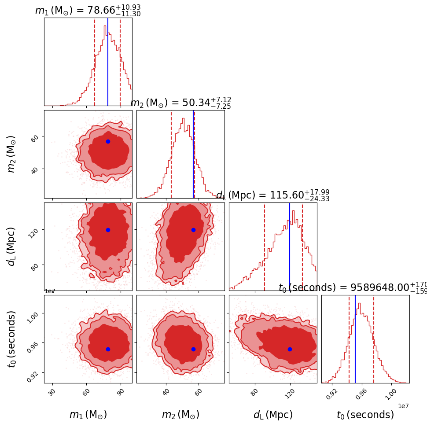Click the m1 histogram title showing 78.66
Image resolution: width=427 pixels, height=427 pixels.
click(88, 11)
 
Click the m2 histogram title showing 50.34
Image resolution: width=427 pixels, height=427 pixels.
click(180, 103)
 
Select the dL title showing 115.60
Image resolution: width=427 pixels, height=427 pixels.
click(272, 195)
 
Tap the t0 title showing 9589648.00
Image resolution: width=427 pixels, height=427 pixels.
click(352, 287)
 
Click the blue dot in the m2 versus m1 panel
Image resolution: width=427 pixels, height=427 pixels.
click(108, 141)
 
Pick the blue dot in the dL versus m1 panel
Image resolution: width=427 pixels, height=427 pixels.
click(108, 230)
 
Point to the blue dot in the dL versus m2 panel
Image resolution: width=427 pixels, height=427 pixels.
click(193, 230)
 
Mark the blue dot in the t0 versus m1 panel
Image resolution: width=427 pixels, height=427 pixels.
click(108, 349)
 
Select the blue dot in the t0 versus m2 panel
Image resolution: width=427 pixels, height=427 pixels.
click(193, 349)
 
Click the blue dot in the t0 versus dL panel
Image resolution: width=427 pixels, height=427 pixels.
click(290, 349)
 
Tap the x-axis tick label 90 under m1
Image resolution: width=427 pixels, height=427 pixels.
click(121, 391)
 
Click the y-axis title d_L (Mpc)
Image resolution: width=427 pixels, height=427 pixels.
click(12, 247)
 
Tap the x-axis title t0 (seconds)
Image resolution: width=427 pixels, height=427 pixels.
click(365, 415)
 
